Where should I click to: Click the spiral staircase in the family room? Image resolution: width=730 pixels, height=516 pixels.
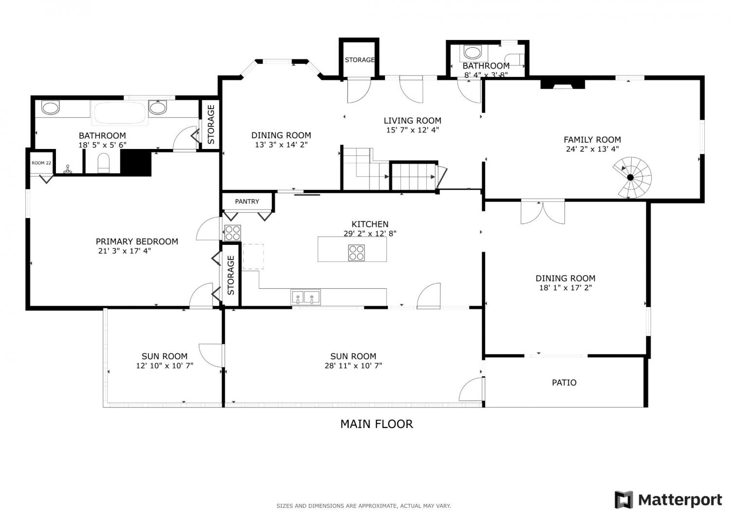(632, 177)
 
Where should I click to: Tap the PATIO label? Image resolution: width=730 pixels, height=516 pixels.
(564, 382)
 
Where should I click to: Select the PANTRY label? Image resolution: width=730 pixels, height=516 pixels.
(247, 202)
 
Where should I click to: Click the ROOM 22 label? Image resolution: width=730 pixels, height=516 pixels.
(41, 163)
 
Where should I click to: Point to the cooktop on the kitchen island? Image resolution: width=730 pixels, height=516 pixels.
(356, 253)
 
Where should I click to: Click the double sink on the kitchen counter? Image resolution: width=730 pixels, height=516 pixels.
(305, 297)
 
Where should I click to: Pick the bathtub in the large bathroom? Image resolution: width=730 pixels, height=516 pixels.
(120, 113)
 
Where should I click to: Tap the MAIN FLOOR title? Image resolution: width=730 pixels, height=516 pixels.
(376, 424)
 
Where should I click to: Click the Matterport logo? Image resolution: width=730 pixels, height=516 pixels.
(668, 500)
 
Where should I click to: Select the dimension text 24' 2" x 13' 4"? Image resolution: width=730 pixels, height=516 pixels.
(592, 149)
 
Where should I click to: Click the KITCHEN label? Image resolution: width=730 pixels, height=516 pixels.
(370, 224)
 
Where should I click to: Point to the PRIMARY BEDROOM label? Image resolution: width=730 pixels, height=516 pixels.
(137, 241)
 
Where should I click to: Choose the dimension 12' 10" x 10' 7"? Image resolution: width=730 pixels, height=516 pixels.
(164, 366)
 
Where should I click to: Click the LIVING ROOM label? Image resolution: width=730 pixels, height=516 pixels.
(412, 121)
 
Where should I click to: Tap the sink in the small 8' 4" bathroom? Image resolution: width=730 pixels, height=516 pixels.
(472, 53)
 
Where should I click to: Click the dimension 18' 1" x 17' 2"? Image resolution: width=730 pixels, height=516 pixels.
(565, 288)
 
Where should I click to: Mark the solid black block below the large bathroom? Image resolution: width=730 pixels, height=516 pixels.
(136, 163)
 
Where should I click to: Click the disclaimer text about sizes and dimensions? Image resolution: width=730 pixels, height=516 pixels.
(364, 506)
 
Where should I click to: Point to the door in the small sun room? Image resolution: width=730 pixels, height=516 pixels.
(211, 355)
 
